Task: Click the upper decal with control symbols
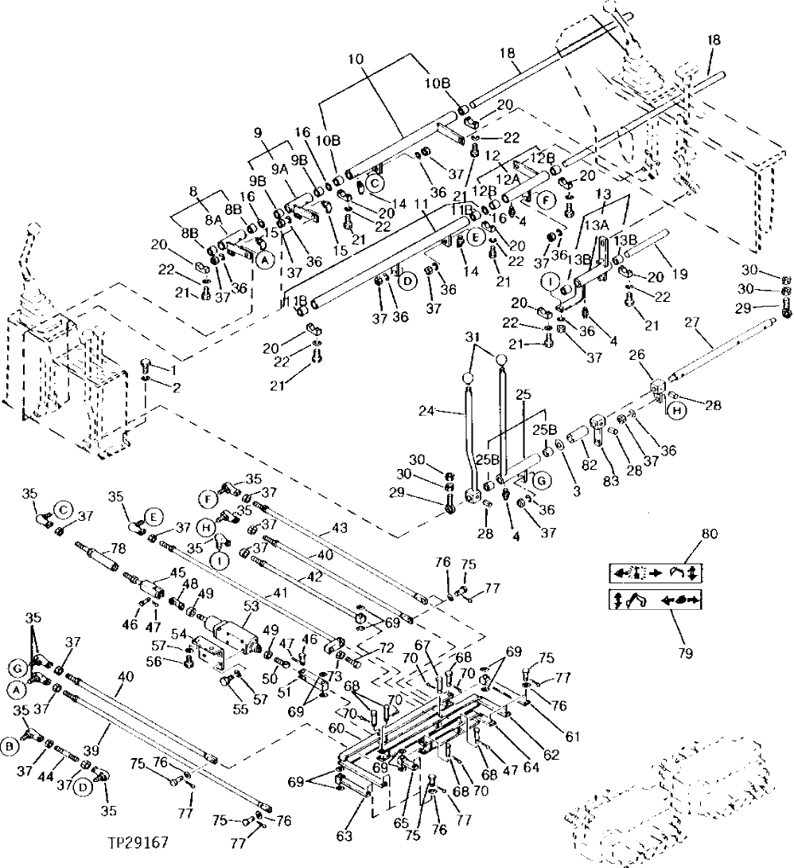657,573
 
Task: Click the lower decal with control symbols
657,600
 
